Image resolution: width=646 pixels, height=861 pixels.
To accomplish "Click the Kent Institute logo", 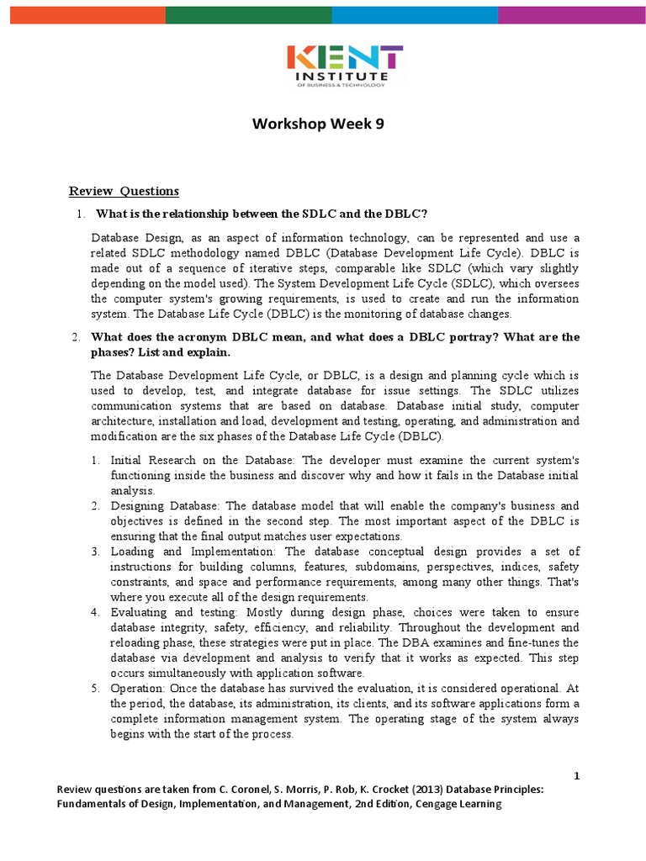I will coord(345,66).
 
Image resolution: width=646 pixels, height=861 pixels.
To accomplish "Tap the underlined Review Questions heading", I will coord(124,191).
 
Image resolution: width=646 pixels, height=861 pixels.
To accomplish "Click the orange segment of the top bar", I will coord(87,13).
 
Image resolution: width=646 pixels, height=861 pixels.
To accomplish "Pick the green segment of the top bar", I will coord(248,13).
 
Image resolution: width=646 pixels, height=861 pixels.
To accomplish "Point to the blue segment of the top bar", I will coord(415,13).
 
